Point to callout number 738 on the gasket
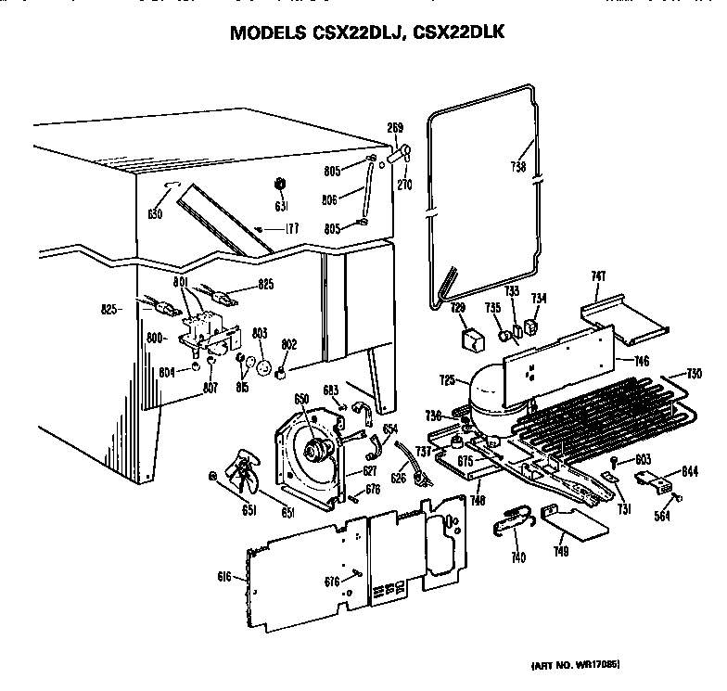pos(517,167)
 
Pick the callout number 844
pos(689,471)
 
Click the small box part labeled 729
pos(473,339)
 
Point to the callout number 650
pos(301,399)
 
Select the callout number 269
pos(395,128)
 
